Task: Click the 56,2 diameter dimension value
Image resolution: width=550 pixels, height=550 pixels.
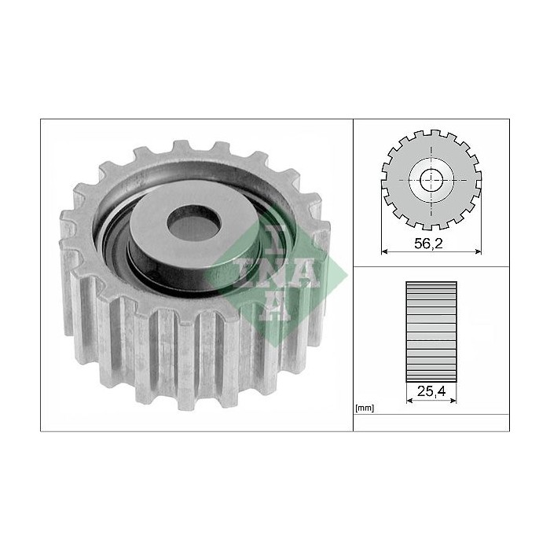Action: tap(428, 244)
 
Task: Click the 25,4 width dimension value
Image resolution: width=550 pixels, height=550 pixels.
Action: tap(431, 390)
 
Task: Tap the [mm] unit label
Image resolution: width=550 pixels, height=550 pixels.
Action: tap(365, 409)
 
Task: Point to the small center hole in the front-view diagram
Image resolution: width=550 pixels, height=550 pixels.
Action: tap(431, 180)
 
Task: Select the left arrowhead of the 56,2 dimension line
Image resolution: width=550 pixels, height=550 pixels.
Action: tap(384, 251)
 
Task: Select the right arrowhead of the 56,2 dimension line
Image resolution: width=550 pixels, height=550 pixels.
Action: tap(478, 251)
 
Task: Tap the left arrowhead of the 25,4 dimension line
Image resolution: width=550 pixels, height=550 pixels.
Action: tap(409, 400)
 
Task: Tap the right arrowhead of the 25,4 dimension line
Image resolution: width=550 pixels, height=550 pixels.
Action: tap(453, 400)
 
